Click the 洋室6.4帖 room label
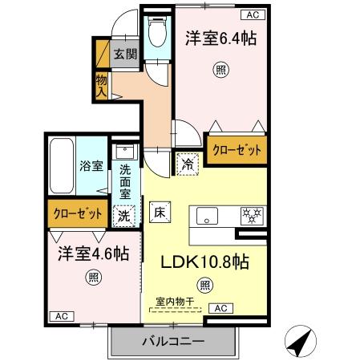click(221, 38)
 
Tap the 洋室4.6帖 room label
click(92, 254)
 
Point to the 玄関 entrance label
click(124, 55)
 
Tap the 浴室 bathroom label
click(90, 167)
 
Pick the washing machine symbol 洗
click(124, 215)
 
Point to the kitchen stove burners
click(252, 216)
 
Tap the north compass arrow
click(299, 343)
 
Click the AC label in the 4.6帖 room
click(61, 315)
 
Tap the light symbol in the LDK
click(205, 282)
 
